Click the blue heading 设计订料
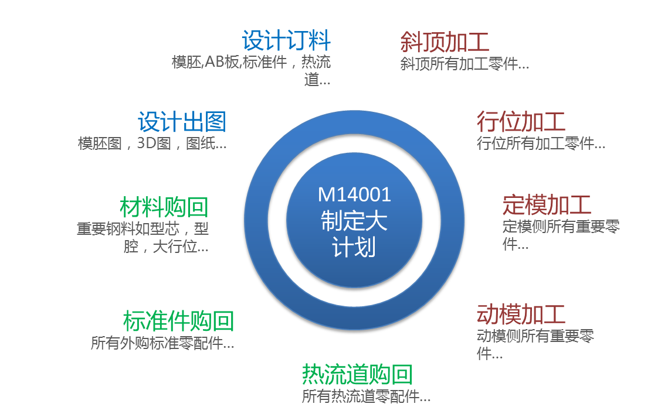click(286, 41)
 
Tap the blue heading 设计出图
click(182, 122)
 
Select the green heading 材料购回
click(164, 207)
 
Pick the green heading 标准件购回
click(178, 321)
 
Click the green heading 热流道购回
click(357, 374)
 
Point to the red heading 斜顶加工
click(445, 42)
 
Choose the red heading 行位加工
click(521, 122)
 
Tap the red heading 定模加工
click(547, 205)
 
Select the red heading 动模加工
click(521, 314)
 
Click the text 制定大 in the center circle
click(354, 221)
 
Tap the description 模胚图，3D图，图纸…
click(152, 143)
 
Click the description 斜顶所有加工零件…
click(464, 64)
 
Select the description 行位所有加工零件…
click(541, 143)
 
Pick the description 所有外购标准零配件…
click(162, 343)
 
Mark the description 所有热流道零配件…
click(366, 396)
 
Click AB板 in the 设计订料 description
click(222, 61)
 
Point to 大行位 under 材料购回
click(174, 247)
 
